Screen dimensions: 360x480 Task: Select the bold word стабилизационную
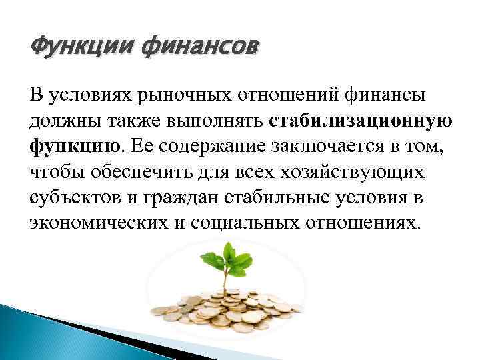tap(362, 123)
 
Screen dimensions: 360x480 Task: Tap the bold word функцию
tap(75, 147)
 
